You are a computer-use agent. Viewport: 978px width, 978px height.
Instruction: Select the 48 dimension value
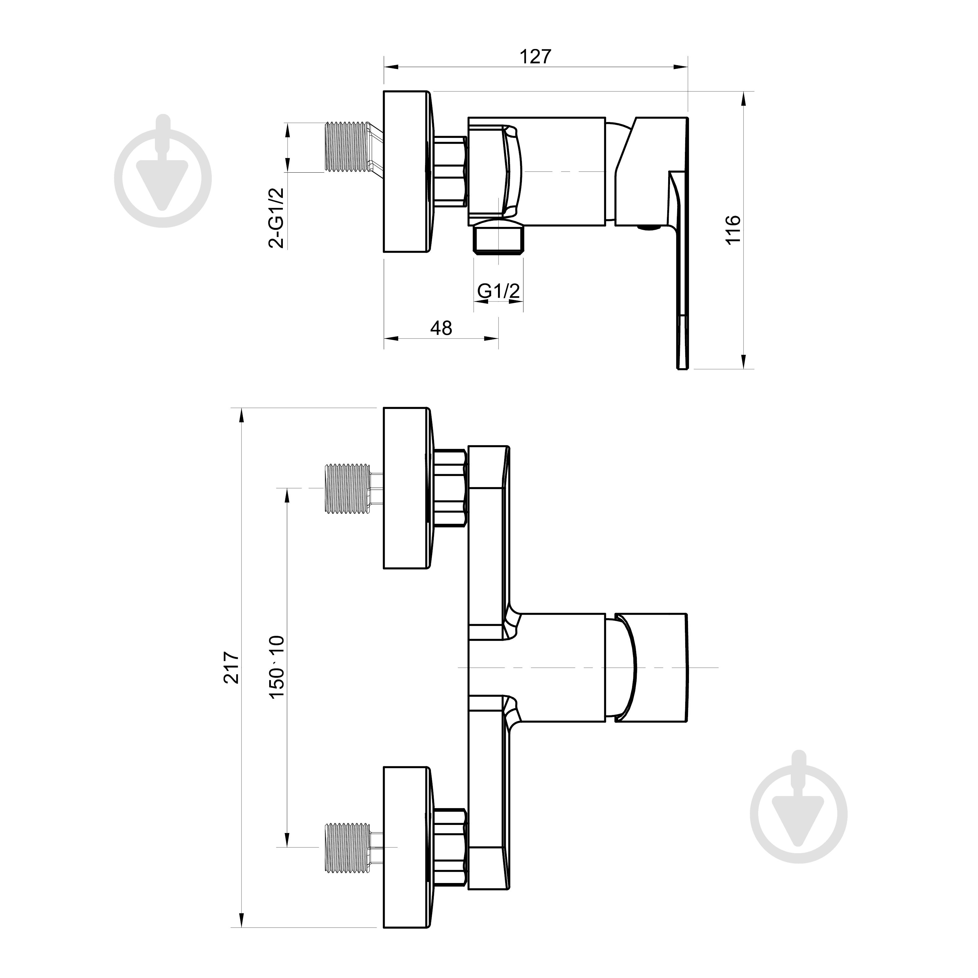441,328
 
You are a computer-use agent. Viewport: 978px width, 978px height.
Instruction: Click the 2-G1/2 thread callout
276,218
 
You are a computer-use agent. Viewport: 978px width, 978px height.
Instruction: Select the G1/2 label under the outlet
499,291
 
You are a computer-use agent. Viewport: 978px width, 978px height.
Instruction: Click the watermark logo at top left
163,172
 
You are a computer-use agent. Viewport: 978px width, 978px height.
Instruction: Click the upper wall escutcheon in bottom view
406,488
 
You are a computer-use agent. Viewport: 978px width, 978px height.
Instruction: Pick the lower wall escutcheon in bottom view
406,847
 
